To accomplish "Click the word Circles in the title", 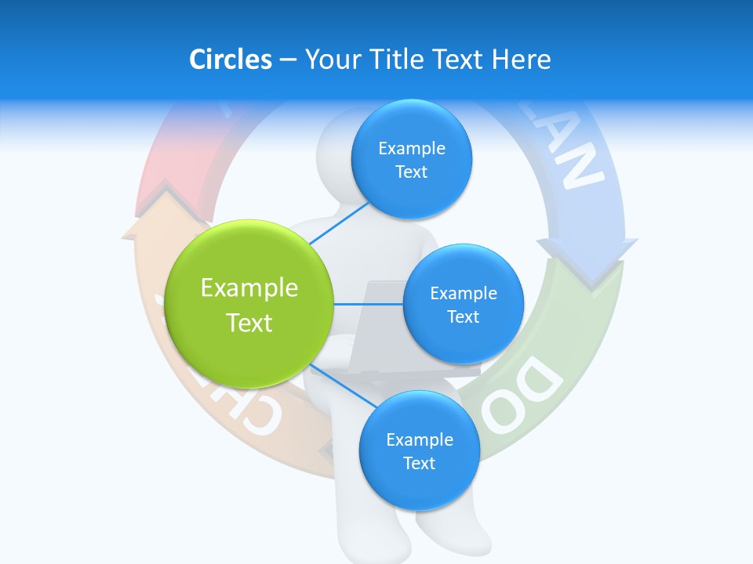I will pos(230,60).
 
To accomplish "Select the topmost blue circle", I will pos(411,160).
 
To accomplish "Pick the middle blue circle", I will pos(463,305).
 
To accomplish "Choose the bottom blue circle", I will pos(419,451).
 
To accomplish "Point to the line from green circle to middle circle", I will pos(369,304).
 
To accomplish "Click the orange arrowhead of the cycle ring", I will pos(141,227).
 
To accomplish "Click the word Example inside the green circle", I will pos(249,288).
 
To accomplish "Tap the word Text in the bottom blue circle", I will pos(419,463).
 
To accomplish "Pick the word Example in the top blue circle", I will pos(411,149).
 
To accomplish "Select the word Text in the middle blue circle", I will pos(463,316).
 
